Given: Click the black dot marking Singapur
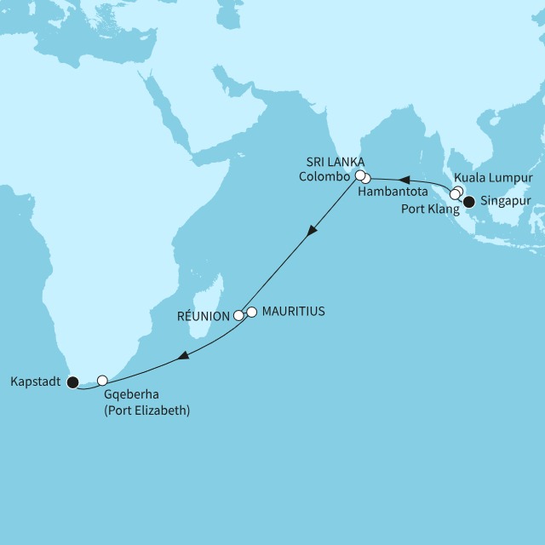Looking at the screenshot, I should (468, 202).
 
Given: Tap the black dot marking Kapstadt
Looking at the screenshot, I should (72, 381).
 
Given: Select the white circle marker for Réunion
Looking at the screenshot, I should (239, 315).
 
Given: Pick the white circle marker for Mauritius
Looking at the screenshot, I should (251, 312).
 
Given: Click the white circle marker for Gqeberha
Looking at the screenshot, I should (102, 380).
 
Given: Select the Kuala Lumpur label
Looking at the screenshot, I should (498, 177).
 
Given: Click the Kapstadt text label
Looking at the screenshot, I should (36, 381).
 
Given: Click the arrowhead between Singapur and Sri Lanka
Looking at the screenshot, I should (406, 181).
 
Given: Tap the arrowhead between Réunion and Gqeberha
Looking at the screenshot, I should (181, 359).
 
